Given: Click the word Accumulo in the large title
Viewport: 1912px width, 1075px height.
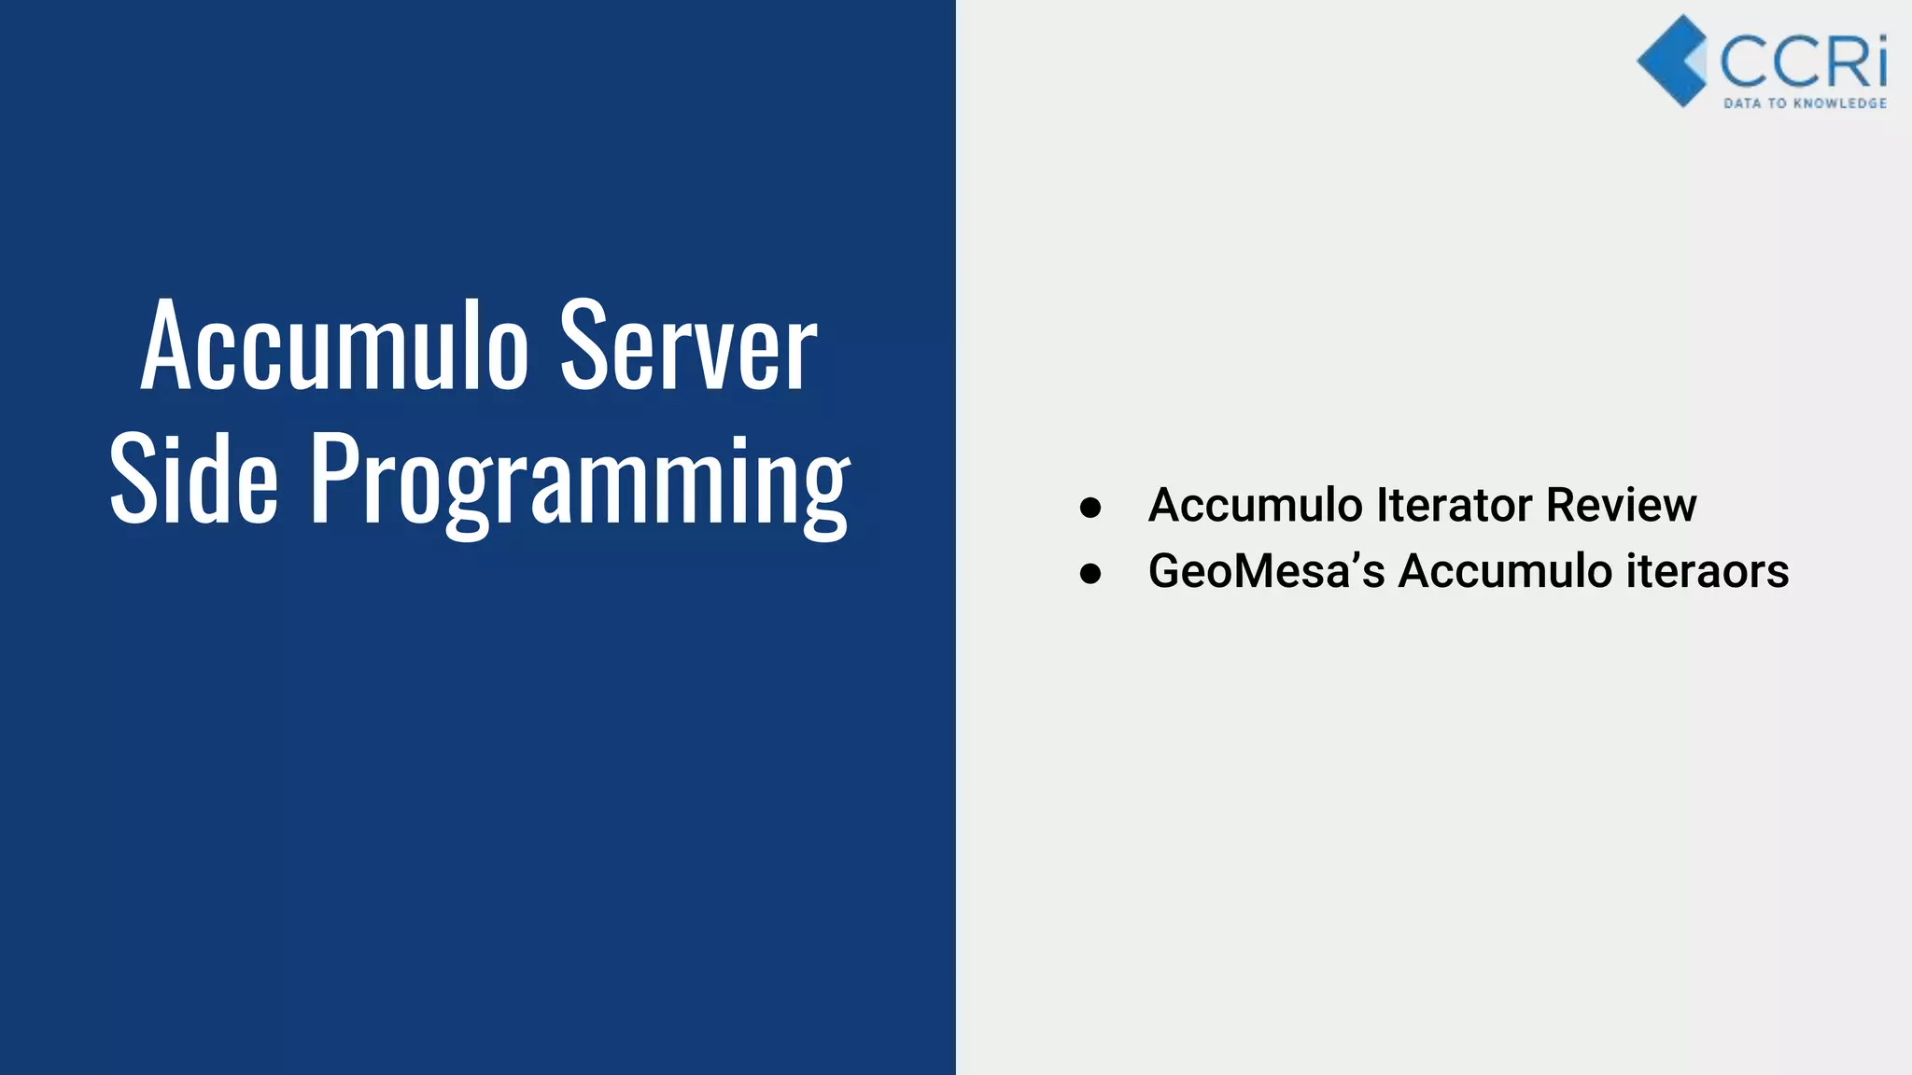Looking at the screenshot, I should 334,346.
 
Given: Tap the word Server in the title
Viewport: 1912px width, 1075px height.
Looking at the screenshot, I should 688,346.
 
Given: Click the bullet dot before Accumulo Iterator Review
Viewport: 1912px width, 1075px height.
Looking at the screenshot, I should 1090,508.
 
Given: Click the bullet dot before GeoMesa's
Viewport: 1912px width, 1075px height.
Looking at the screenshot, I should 1090,573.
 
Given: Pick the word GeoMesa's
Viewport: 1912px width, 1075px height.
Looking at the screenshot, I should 1266,570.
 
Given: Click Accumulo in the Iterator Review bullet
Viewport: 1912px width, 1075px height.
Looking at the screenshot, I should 1256,505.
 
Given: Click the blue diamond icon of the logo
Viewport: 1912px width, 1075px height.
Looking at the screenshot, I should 1671,61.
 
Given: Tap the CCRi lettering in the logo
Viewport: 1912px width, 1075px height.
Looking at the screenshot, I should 1803,62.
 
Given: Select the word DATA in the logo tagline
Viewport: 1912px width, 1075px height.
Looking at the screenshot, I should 1741,103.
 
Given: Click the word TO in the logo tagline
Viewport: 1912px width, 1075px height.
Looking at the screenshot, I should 1777,103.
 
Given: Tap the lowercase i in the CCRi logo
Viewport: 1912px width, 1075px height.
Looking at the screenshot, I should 1879,62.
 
